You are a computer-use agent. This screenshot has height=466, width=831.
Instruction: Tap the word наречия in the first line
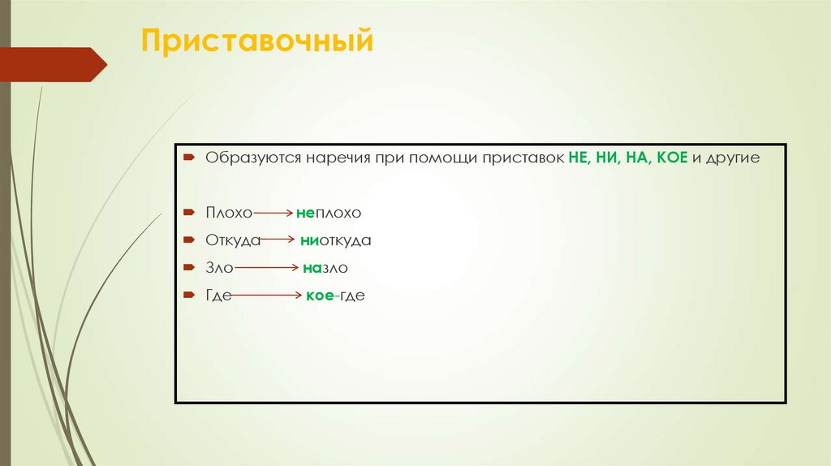point(337,157)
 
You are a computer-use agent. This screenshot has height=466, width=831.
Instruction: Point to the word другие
point(734,158)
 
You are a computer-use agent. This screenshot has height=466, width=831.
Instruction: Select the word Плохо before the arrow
point(229,213)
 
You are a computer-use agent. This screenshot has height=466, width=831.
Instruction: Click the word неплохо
point(328,213)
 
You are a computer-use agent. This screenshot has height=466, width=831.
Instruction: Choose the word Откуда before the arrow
point(233,241)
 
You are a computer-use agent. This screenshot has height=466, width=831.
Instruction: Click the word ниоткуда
point(336,241)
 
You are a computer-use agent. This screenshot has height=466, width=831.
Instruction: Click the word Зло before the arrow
point(220,268)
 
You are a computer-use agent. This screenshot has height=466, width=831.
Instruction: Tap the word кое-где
point(335,296)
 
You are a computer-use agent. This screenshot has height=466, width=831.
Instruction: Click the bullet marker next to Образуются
point(187,157)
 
